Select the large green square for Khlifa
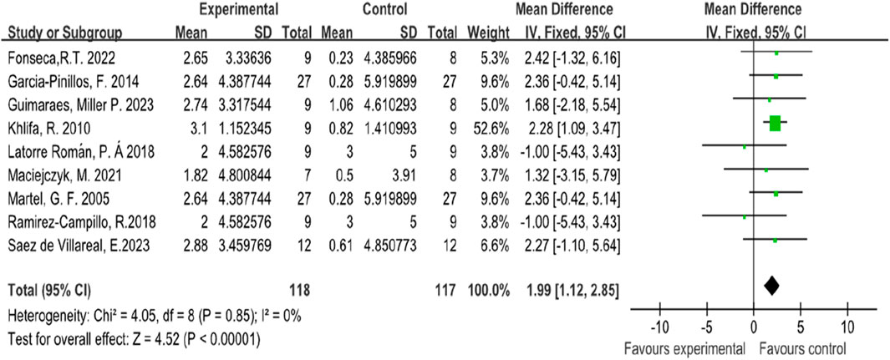point(775,124)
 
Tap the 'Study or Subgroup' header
point(65,33)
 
